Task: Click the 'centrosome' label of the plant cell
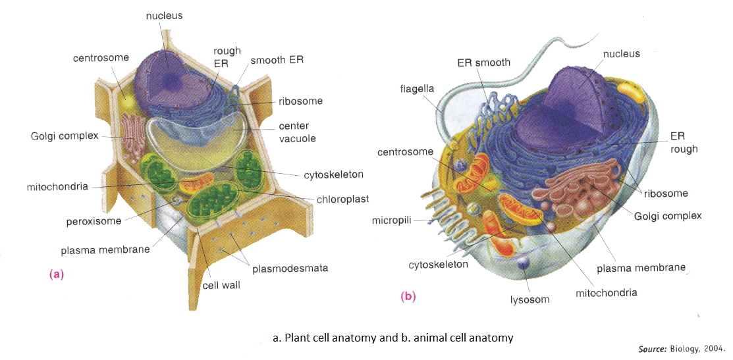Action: coord(100,58)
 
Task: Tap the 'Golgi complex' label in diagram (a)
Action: coord(64,136)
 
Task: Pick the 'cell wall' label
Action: coord(221,285)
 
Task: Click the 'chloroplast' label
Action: coord(342,199)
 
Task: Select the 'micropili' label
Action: coord(391,219)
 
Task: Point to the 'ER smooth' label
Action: coord(483,63)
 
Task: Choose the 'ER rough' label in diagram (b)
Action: coord(683,143)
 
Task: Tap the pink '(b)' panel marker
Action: coord(408,297)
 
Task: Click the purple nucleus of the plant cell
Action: coord(169,69)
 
